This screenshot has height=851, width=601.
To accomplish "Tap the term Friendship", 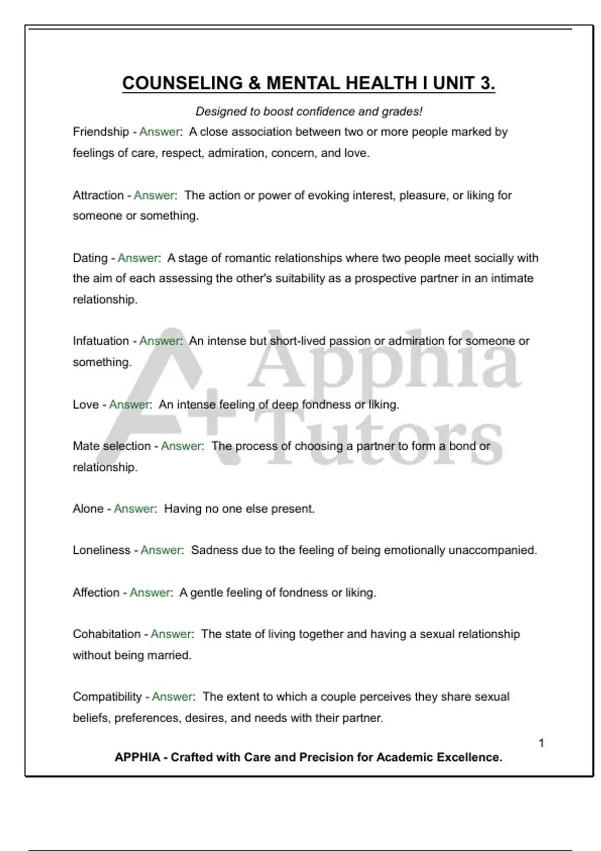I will [x=101, y=132].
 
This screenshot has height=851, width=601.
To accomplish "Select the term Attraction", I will [x=98, y=195].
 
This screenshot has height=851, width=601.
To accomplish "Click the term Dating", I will [x=90, y=258].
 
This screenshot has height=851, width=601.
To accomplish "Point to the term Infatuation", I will [x=101, y=341].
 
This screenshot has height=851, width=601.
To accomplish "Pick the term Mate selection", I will [x=111, y=446].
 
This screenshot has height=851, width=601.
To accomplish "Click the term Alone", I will [x=88, y=509].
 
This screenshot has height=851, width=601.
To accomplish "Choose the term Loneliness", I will [x=102, y=550].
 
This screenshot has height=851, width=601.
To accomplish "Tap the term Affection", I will [x=96, y=592].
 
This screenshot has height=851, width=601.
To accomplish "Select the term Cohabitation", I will [x=107, y=634].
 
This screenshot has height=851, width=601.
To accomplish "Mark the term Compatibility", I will [x=107, y=696].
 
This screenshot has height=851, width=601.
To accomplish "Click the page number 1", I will [x=541, y=743].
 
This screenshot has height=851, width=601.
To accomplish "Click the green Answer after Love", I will [x=129, y=404].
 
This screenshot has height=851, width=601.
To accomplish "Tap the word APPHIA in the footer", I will [x=137, y=757].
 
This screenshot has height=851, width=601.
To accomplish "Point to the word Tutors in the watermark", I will [x=383, y=441].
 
